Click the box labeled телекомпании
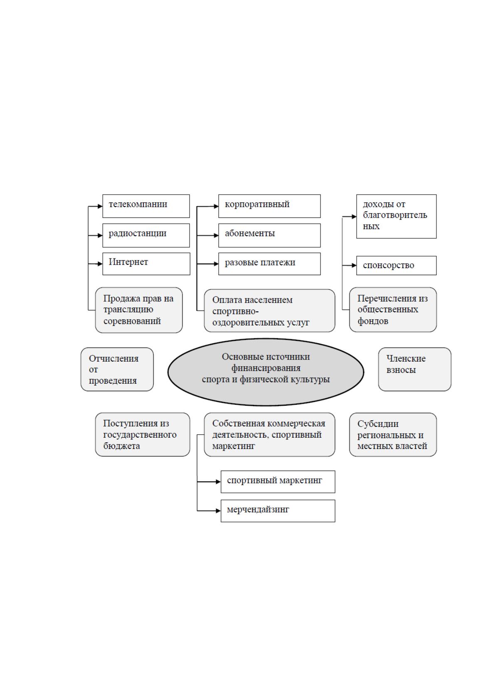146,206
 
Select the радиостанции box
146,235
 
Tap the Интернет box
146,264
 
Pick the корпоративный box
269,206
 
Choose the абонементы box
269,235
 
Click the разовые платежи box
269,264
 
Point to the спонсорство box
396,266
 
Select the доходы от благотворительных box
396,217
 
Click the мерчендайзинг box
278,511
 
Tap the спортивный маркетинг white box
278,482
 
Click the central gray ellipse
266,372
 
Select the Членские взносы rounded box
415,370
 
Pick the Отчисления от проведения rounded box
117,370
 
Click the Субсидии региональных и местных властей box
393,435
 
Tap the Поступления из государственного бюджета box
143,435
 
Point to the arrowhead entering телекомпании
100,206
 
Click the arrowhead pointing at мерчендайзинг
219,511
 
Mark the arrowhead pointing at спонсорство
354,266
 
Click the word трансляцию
128,310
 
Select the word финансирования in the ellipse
266,368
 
